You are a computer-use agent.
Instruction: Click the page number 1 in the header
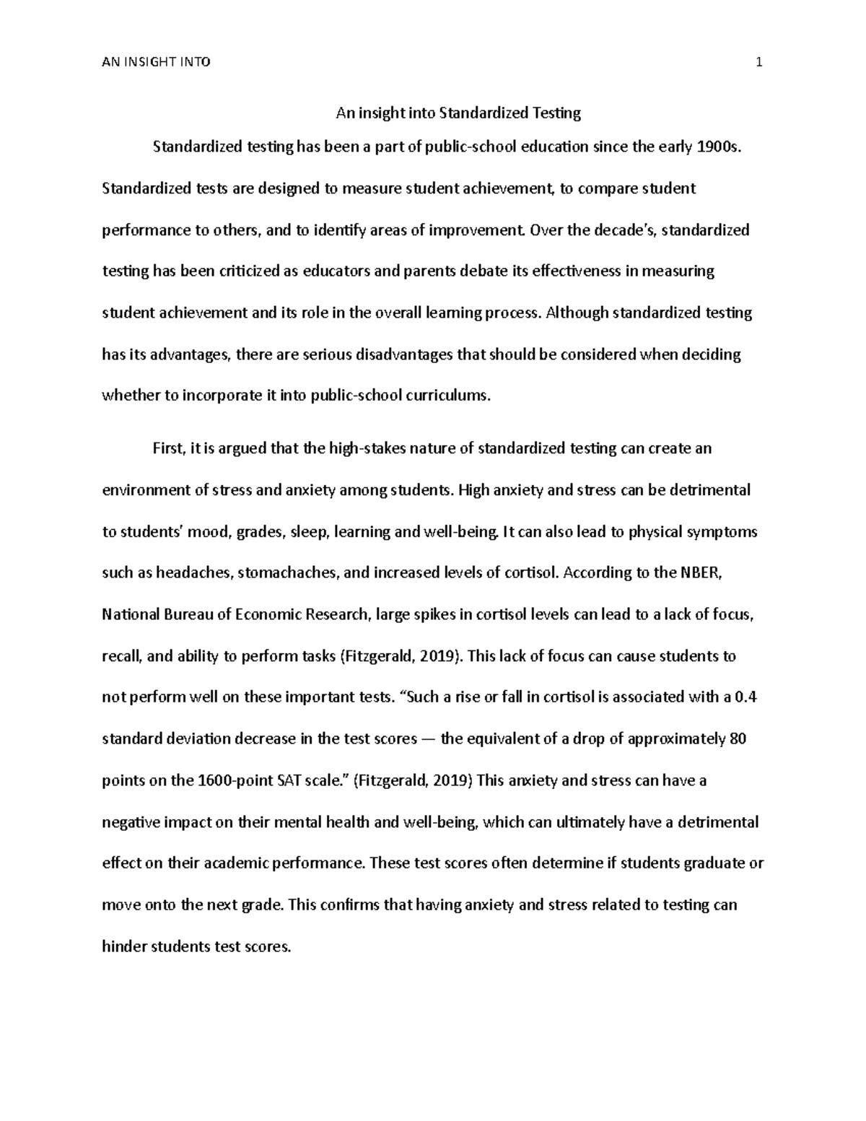tap(758, 62)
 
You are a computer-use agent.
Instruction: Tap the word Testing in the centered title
tap(556, 113)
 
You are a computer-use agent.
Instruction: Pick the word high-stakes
tap(367, 449)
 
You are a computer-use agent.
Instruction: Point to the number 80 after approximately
tap(738, 739)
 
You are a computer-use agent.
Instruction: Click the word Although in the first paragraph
tap(577, 313)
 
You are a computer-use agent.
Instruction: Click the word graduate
tap(714, 863)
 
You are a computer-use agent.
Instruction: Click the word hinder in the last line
tap(123, 946)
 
